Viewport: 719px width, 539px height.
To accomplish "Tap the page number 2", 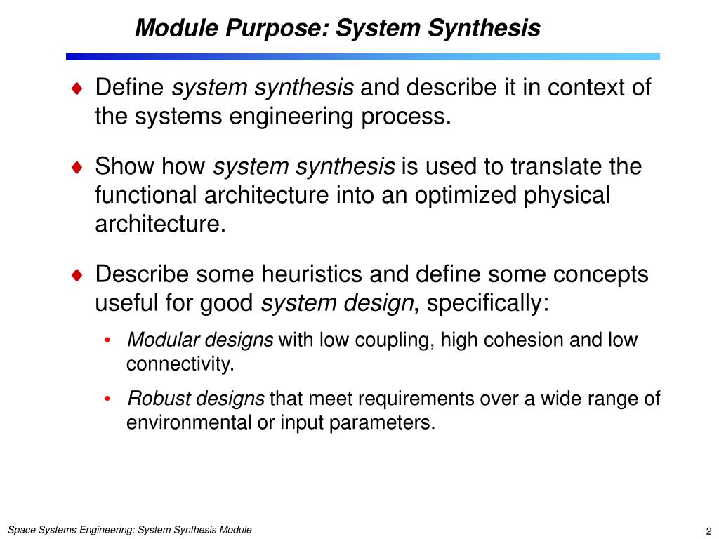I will click(709, 531).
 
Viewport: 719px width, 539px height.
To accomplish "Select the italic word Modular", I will click(157, 340).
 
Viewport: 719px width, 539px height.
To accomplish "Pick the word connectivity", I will click(179, 364).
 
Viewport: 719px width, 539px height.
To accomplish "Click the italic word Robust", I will click(154, 399).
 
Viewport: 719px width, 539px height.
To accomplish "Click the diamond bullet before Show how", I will click(77, 167).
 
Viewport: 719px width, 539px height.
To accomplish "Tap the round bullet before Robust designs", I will click(107, 399).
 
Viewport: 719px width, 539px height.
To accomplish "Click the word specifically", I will click(485, 303).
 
